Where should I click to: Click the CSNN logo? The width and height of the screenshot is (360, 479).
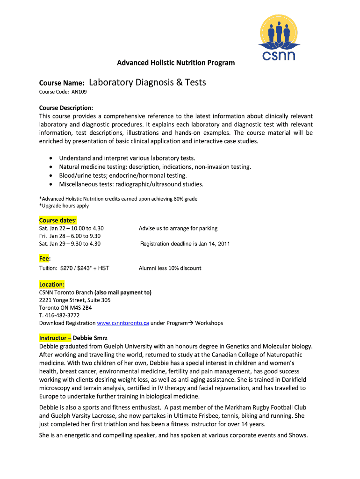[x=278, y=38]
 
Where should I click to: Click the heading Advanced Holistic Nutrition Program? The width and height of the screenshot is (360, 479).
[x=176, y=63]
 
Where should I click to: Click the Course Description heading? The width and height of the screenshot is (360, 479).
[x=66, y=108]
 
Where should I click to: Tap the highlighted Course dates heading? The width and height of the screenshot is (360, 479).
[x=58, y=220]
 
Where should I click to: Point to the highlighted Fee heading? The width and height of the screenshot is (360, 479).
[x=45, y=259]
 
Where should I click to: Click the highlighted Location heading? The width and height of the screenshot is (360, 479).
[x=52, y=284]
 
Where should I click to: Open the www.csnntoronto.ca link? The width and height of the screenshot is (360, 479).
[x=123, y=323]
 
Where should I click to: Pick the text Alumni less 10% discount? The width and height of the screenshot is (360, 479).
[x=170, y=268]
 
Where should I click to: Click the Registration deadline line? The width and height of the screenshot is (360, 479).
[x=185, y=244]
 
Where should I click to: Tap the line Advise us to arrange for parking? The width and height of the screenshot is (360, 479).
[x=178, y=228]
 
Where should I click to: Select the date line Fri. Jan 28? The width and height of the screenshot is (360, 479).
[x=70, y=236]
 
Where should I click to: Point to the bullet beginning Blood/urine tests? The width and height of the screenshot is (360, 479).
[x=123, y=175]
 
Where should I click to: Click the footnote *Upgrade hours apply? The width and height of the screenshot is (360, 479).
[x=64, y=206]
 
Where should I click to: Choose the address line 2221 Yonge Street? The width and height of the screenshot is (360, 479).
[x=75, y=300]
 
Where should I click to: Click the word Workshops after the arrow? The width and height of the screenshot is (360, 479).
[x=209, y=323]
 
